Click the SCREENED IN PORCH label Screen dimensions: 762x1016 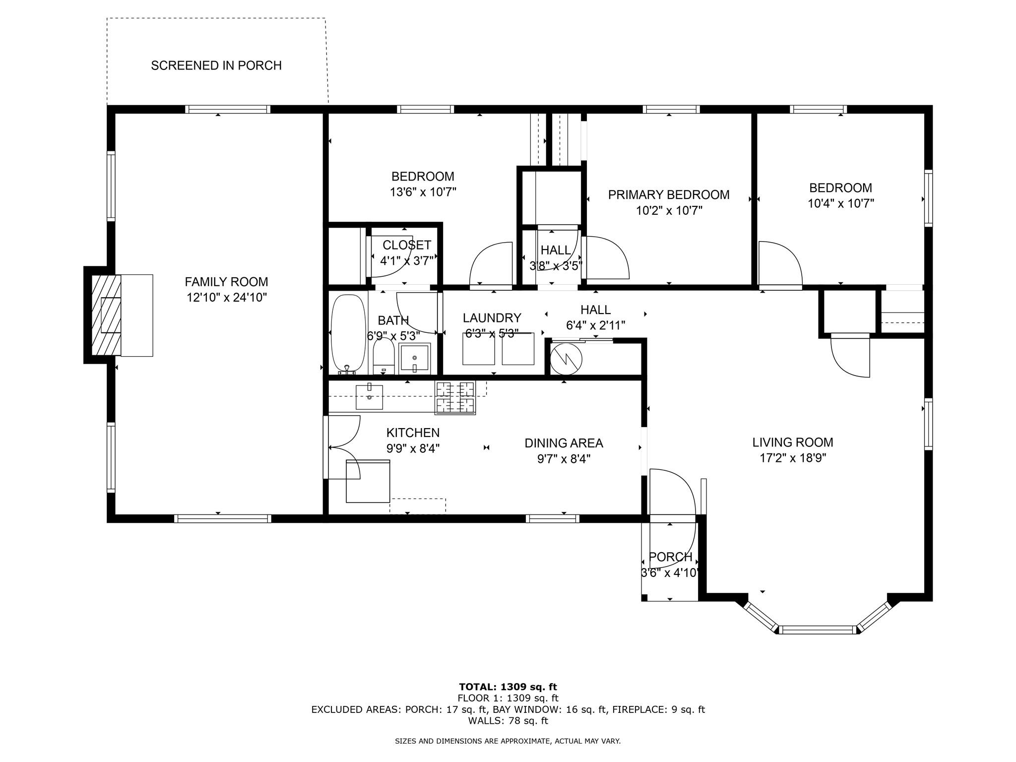point(216,65)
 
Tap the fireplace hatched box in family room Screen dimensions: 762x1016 point(106,315)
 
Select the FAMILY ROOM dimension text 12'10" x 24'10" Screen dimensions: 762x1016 point(226,298)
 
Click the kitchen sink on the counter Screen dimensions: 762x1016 point(370,397)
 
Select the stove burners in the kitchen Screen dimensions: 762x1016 point(455,397)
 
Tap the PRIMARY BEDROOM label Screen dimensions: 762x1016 point(669,195)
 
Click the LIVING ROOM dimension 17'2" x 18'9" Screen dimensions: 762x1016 point(792,458)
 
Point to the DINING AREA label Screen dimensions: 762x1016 point(564,443)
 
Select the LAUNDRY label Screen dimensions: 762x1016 point(492,318)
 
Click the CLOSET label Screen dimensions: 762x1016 point(407,245)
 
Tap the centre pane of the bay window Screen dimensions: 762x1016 point(818,630)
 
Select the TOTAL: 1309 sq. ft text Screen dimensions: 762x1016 point(508,687)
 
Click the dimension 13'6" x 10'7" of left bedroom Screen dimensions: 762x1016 point(423,192)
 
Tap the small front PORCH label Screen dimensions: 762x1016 point(670,557)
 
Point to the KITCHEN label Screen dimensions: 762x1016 point(413,433)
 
